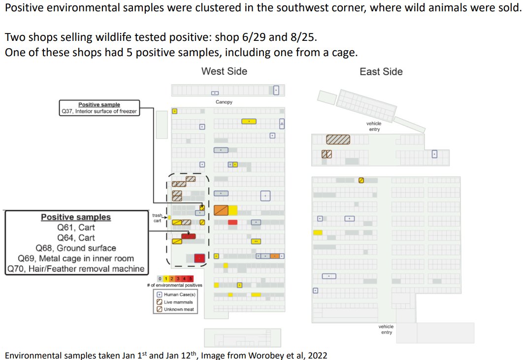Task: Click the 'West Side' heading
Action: [x=224, y=71]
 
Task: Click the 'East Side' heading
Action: [x=381, y=72]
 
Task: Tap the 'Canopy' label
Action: [x=224, y=102]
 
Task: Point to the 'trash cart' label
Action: [x=157, y=218]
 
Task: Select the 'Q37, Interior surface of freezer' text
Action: [x=99, y=111]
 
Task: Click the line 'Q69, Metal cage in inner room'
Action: [x=75, y=258]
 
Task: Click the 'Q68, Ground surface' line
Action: [x=75, y=248]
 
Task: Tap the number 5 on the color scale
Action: [x=190, y=279]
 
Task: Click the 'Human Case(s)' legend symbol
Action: [x=159, y=295]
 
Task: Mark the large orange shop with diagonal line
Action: [x=221, y=210]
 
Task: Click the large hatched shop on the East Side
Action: [x=338, y=139]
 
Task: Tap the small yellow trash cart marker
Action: [x=169, y=217]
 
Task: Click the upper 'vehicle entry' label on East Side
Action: [x=374, y=127]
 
